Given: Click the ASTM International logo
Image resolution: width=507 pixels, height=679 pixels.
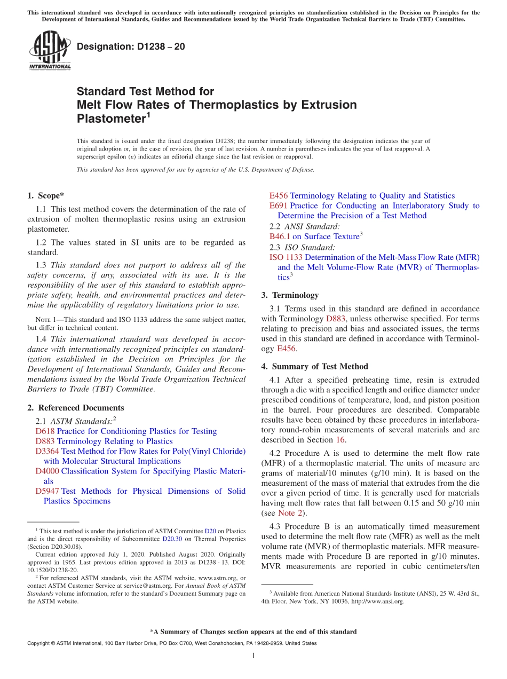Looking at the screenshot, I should [49, 51].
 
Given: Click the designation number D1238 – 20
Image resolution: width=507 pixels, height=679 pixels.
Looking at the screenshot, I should [131, 46].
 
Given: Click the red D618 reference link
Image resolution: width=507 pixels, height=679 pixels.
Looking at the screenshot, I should [45, 431].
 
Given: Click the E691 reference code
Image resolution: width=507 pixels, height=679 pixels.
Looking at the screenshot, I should [279, 206].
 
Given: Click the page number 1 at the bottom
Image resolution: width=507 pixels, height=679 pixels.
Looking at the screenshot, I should [253, 656].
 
